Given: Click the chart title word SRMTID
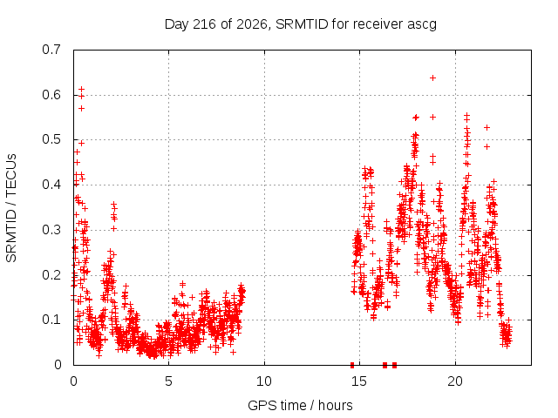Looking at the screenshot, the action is [302, 24].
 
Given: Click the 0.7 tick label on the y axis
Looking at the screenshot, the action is [51, 50].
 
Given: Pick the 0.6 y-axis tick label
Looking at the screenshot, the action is [51, 95].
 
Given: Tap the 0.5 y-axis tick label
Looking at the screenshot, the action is [51, 139].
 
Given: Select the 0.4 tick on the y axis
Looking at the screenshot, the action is [51, 185].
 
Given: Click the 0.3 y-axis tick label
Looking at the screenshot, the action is [51, 230].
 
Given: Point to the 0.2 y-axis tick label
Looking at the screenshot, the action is [51, 275].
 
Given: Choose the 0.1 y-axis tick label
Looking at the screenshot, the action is [51, 320].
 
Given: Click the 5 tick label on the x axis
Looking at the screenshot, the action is [168, 381].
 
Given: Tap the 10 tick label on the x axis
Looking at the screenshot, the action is [263, 381].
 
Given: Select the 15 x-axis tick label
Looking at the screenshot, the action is [359, 381].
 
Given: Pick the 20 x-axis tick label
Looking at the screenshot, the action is [455, 381].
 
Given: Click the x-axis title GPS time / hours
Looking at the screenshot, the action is [300, 406].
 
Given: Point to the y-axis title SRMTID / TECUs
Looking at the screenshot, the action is [11, 208].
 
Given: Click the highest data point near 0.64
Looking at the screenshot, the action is [432, 78].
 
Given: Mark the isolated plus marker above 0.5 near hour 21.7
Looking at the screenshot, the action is [487, 128].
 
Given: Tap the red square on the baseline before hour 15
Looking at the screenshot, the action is [352, 365].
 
